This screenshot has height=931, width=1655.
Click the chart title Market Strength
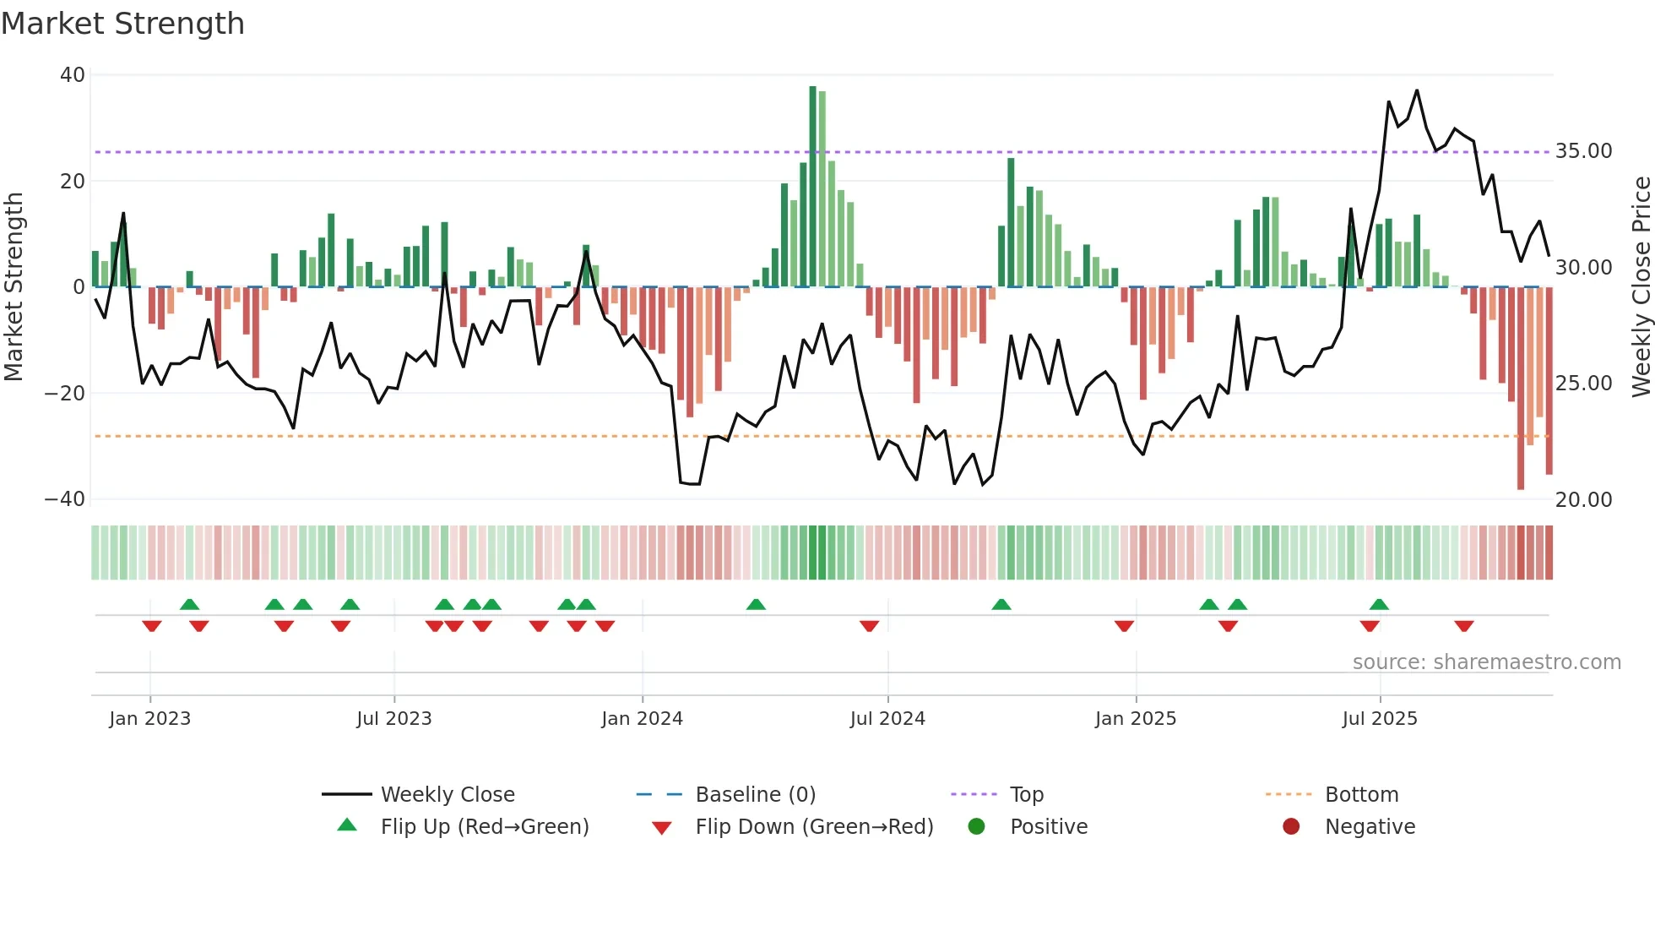tap(122, 24)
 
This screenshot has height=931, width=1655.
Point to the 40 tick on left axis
tap(73, 75)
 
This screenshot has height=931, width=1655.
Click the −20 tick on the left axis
tap(65, 394)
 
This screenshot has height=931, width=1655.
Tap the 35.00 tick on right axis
tap(1584, 151)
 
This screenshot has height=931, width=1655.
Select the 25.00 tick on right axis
tap(1584, 384)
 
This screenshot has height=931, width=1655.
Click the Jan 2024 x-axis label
tap(642, 719)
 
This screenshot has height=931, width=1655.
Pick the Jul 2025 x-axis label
tap(1380, 719)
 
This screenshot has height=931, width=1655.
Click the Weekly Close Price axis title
tap(1641, 287)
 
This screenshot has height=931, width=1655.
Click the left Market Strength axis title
tap(14, 287)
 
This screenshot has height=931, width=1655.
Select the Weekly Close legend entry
tap(448, 795)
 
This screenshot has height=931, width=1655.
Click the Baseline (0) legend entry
tap(755, 795)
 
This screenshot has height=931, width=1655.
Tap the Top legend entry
tap(1027, 795)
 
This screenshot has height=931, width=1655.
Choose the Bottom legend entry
tap(1361, 795)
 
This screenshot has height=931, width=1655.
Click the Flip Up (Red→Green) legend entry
tap(484, 827)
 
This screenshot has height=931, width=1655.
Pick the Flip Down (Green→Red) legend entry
tap(814, 827)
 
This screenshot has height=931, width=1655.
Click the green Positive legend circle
tap(976, 827)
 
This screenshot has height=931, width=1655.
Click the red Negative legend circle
tap(1291, 827)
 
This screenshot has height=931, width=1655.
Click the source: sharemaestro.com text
tap(1486, 662)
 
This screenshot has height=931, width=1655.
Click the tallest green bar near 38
tap(812, 186)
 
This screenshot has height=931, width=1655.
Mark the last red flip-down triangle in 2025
tap(1464, 626)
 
